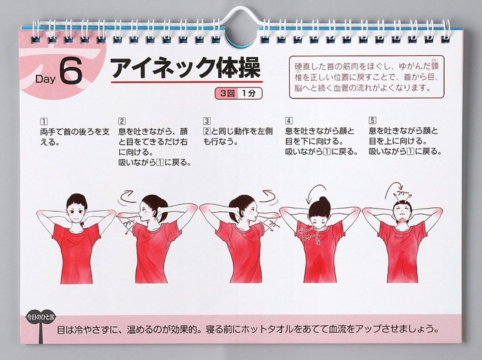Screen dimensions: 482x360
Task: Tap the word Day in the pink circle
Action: tap(45, 79)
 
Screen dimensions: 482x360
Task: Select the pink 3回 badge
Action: tap(227, 94)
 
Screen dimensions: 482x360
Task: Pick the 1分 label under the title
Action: tap(249, 94)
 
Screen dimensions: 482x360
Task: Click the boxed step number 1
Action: tap(44, 122)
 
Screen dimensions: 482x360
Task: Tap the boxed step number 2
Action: tap(122, 121)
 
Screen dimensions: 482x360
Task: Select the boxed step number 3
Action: tap(207, 121)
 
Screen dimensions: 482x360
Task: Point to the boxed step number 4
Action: tap(289, 120)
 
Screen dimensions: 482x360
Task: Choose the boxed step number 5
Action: tap(373, 120)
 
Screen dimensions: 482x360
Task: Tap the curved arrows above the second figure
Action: tap(126, 198)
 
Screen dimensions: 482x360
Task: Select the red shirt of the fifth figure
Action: tap(402, 251)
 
